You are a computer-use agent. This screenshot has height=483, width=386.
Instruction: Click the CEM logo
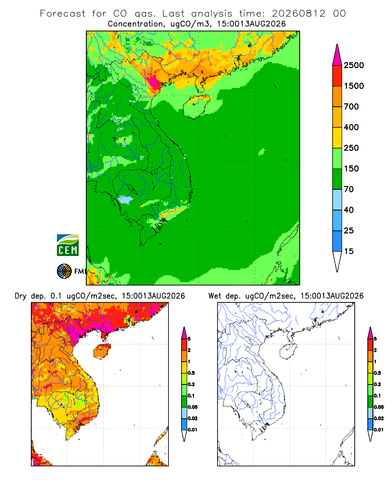68,245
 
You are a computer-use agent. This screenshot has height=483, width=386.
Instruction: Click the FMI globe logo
64,271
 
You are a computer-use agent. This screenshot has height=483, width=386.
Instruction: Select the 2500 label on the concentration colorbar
354,65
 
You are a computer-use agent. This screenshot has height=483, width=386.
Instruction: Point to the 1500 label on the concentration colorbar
354,86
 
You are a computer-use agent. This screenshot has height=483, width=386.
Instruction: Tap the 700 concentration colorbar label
351,107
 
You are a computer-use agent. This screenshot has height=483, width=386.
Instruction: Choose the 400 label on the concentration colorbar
351,127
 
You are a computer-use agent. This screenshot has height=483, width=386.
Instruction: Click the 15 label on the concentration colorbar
349,251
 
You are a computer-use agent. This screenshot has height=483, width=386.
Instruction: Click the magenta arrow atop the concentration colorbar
337,56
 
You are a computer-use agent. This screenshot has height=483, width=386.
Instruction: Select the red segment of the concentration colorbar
337,76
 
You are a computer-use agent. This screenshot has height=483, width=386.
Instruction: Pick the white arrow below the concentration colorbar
337,261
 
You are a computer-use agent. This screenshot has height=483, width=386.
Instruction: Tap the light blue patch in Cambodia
125,199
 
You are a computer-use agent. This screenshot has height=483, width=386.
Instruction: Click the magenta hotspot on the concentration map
152,82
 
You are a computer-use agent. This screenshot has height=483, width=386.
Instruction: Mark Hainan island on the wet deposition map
288,352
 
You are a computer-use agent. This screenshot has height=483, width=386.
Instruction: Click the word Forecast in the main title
63,14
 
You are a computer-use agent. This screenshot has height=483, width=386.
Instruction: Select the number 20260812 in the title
298,14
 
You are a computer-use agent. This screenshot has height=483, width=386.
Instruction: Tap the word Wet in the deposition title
215,296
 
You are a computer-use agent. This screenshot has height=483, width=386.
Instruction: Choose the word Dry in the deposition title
21,297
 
